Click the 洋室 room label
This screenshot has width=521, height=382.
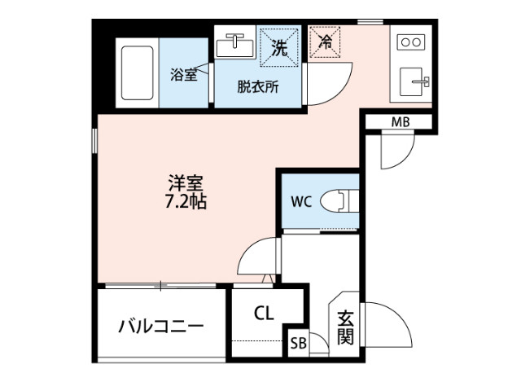click(186, 183)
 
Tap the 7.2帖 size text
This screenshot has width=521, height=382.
click(186, 202)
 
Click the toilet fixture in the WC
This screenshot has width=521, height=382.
click(338, 200)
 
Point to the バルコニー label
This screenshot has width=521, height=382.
click(160, 327)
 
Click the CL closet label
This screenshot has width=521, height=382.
click(263, 313)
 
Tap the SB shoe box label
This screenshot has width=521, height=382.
click(298, 344)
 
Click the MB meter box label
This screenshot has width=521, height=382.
click(400, 122)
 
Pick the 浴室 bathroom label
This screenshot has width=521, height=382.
click(184, 76)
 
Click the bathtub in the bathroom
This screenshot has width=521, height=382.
click(138, 72)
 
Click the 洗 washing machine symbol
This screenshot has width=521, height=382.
click(278, 47)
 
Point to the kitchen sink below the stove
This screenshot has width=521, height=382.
click(414, 81)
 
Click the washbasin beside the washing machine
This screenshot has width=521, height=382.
click(236, 46)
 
